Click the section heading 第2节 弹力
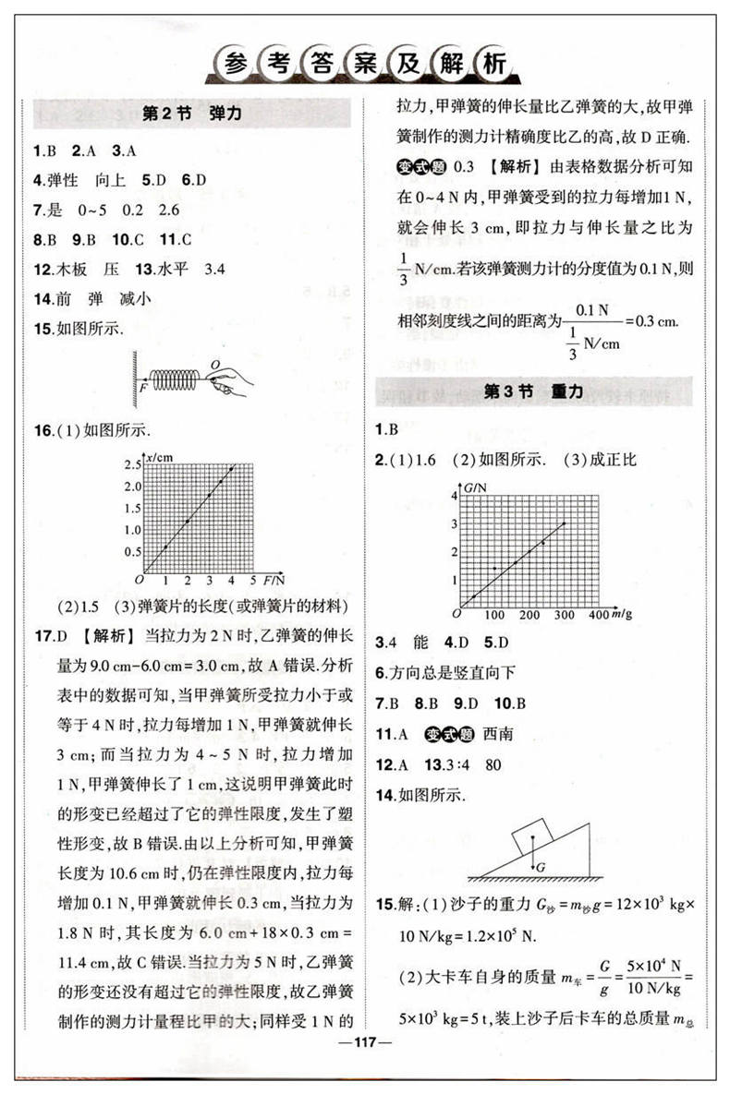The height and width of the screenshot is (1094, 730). tap(192, 115)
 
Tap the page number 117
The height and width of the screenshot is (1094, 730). tap(367, 1046)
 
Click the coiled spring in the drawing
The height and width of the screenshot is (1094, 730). tap(176, 378)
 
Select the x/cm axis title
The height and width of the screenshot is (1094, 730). tap(159, 458)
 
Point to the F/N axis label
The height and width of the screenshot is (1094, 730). tap(274, 580)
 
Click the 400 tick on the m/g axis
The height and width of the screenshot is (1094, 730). tap(597, 615)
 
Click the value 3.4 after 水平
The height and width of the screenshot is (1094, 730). tap(213, 270)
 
